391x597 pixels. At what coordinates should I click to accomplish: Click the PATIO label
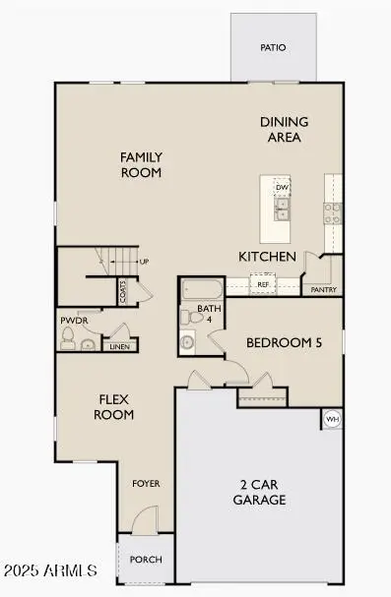tap(273, 47)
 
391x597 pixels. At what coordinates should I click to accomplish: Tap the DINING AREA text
tap(284, 129)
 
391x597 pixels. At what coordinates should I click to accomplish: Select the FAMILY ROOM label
tap(141, 164)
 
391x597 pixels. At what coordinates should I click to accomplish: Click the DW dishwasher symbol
tap(282, 187)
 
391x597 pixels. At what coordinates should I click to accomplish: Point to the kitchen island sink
tap(282, 212)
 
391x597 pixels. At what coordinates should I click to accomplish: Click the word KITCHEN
tap(267, 257)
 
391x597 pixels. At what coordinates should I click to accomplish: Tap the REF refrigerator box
tap(263, 284)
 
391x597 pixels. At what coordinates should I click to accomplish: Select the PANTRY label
tap(324, 290)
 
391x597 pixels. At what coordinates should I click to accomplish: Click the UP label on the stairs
tap(144, 262)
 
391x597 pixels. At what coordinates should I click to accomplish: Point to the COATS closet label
tap(123, 290)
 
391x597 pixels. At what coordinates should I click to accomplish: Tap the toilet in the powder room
tap(68, 339)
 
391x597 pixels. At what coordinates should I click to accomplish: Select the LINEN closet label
tap(118, 346)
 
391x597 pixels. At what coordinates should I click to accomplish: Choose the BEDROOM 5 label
tap(284, 342)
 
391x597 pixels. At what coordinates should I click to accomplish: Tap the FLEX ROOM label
tap(114, 407)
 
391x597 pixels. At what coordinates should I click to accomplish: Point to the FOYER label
tap(146, 484)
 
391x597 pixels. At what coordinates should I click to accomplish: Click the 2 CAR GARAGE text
tap(260, 492)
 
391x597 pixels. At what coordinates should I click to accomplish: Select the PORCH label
tap(146, 560)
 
